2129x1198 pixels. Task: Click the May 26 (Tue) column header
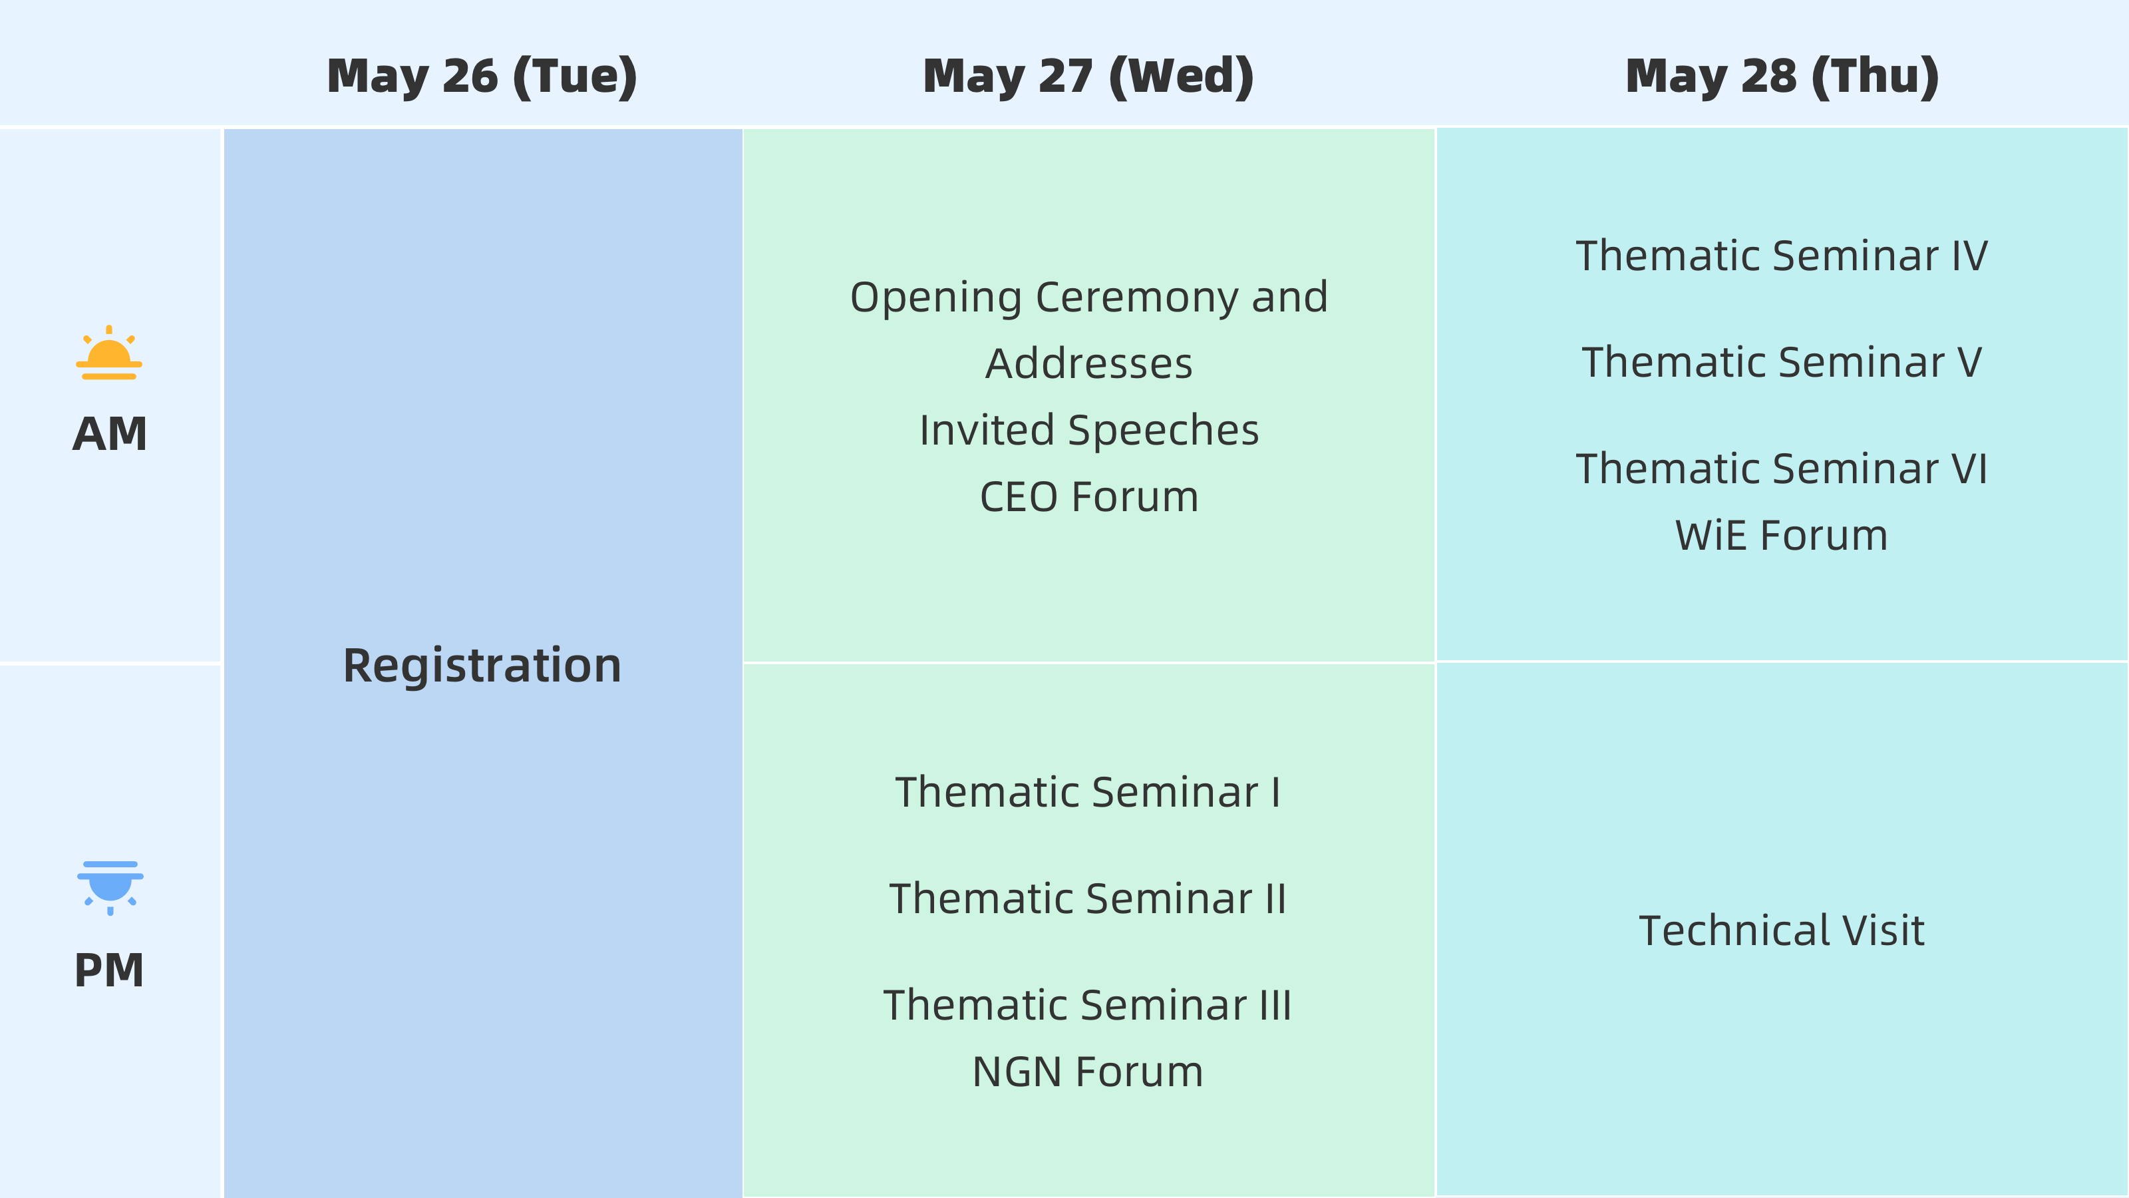[482, 77]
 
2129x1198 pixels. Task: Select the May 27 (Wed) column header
[1088, 77]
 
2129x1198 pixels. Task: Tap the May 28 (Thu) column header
[1782, 77]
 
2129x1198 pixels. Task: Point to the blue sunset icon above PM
[110, 888]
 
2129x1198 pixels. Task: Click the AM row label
[110, 434]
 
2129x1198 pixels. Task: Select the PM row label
[109, 970]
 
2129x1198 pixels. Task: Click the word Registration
[482, 666]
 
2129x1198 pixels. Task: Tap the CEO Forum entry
[1088, 497]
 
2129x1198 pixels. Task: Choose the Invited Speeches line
[1089, 431]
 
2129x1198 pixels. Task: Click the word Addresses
[1089, 364]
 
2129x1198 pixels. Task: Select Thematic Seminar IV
[1782, 256]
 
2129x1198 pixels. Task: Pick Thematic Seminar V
[1782, 362]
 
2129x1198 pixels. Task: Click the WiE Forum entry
[1782, 536]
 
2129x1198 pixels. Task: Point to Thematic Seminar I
[1088, 792]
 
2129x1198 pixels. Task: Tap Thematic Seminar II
[1088, 898]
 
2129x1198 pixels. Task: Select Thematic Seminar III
[1088, 1006]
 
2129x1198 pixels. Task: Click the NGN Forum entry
[1088, 1072]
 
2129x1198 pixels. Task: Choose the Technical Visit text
[1782, 931]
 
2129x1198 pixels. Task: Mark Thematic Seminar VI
[1782, 469]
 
